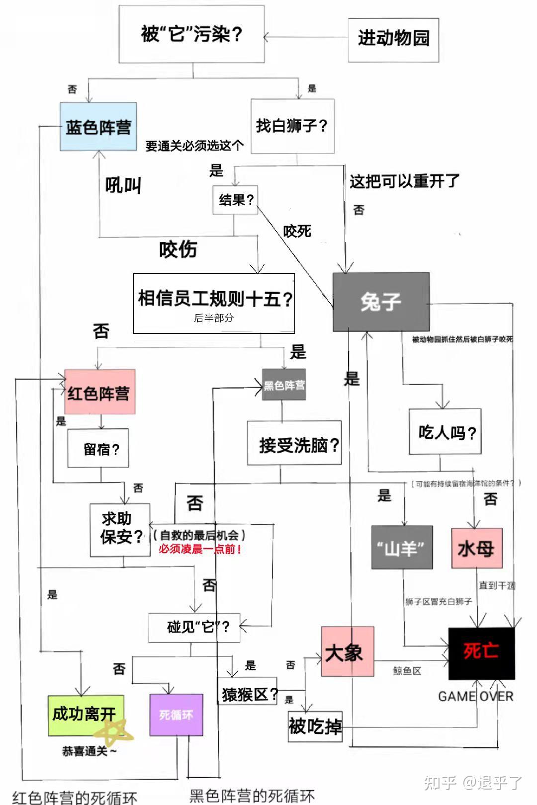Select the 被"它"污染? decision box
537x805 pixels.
point(191,34)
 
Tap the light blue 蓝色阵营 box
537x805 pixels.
point(98,127)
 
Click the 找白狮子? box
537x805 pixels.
point(292,126)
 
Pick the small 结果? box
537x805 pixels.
point(235,200)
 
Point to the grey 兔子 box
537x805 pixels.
point(381,302)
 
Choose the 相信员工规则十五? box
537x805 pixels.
point(214,303)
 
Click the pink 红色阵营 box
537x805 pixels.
point(99,392)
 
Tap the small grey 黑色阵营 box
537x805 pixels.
point(284,385)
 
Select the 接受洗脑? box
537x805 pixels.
point(294,443)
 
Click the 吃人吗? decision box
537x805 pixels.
point(445,431)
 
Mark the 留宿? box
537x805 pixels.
point(98,448)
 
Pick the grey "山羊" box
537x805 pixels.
point(402,547)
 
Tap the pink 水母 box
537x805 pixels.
point(477,548)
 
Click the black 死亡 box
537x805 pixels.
point(481,653)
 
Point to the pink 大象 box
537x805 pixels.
point(347,651)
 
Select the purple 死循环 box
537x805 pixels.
point(176,715)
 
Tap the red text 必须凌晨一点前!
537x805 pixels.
point(200,549)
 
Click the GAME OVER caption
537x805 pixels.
point(475,696)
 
